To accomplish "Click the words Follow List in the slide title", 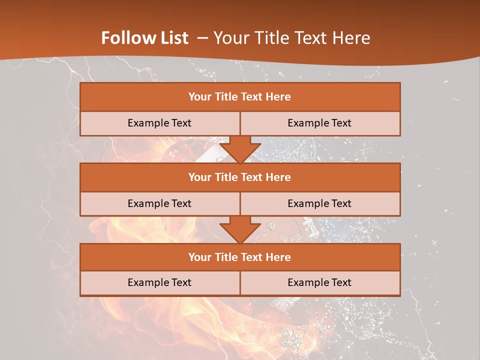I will (x=144, y=38).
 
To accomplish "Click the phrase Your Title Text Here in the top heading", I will (x=292, y=38).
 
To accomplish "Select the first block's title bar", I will (x=240, y=97).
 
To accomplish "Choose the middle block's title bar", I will (x=240, y=177).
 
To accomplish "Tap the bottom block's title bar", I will (x=240, y=257).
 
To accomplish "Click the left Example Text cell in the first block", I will (x=159, y=123).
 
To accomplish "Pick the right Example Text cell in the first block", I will (x=319, y=123).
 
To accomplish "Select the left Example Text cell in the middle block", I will (x=159, y=203).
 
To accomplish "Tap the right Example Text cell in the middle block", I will (x=319, y=203).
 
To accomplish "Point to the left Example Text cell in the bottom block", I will (x=159, y=282).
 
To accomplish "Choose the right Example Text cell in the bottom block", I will (x=319, y=282).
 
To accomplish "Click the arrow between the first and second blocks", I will (x=240, y=149).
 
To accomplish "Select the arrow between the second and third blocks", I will (x=240, y=229).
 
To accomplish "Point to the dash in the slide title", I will (x=202, y=38).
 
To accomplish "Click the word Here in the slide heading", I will (x=353, y=38).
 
